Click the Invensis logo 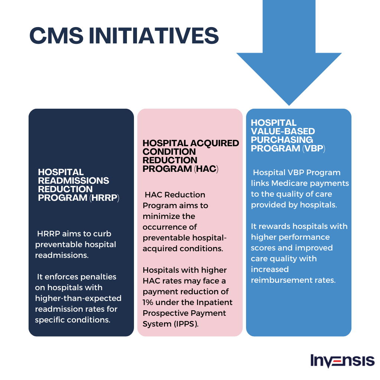pos(342,361)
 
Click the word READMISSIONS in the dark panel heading pos(73,181)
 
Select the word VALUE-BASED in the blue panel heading pos(283,131)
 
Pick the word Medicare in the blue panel pos(290,183)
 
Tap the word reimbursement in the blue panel pos(282,280)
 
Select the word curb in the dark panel pos(102,234)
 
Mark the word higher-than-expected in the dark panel pos(78,298)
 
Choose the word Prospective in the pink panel pos(165,313)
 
